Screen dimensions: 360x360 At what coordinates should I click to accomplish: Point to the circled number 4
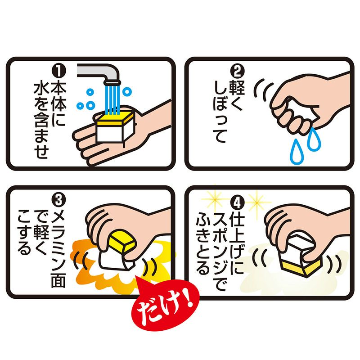point(238,199)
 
